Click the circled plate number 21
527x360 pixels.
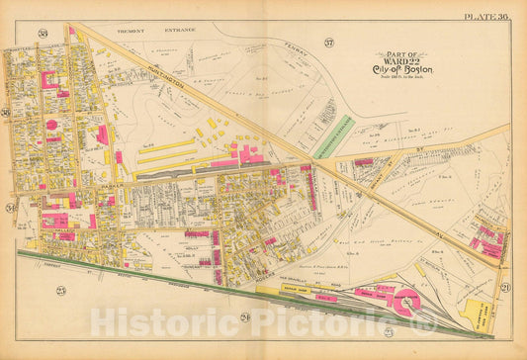(x=504, y=286)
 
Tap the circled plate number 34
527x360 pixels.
(x=11, y=208)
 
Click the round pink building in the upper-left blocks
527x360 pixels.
(x=51, y=125)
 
